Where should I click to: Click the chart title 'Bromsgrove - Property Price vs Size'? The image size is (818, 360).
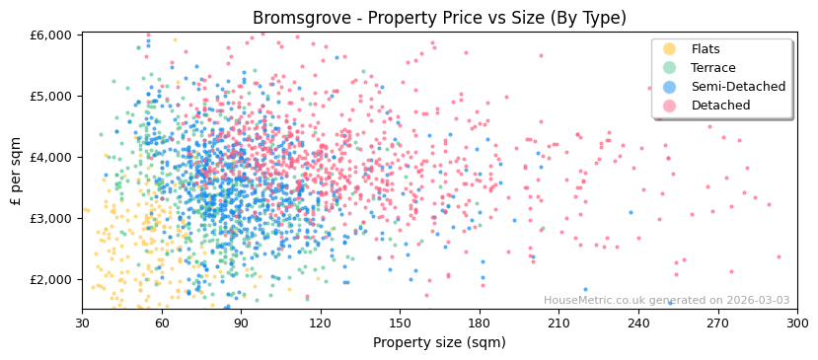coord(439,18)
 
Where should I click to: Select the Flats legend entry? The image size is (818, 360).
coord(705,49)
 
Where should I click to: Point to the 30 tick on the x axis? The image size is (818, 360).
coord(82,323)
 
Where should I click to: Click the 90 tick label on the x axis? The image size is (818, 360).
coord(241,323)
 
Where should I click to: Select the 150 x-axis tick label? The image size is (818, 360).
coord(400,323)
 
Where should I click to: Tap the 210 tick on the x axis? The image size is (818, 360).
coord(558,323)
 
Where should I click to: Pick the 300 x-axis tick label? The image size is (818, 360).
coord(796,323)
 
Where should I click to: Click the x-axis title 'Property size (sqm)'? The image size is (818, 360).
coord(439,343)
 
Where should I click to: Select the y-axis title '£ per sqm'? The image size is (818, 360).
coord(17,171)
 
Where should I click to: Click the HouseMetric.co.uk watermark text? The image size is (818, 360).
coord(666,301)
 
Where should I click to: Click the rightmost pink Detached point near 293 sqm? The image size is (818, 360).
coord(779,257)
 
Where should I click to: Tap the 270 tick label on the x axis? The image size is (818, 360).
coord(717,323)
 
